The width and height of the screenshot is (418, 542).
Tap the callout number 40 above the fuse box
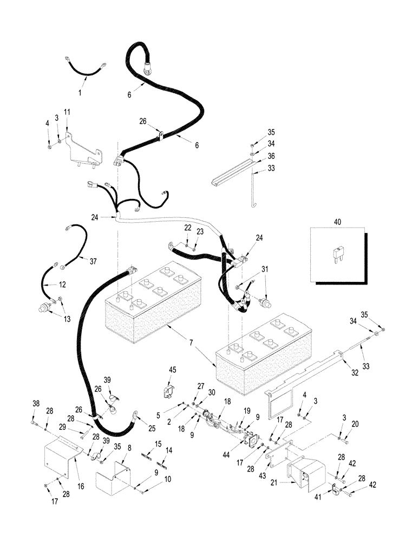tap(338, 222)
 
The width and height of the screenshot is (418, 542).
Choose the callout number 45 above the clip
tap(173, 370)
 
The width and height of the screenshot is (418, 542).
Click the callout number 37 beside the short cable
tap(93, 262)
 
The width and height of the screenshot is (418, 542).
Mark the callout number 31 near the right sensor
tap(265, 269)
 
